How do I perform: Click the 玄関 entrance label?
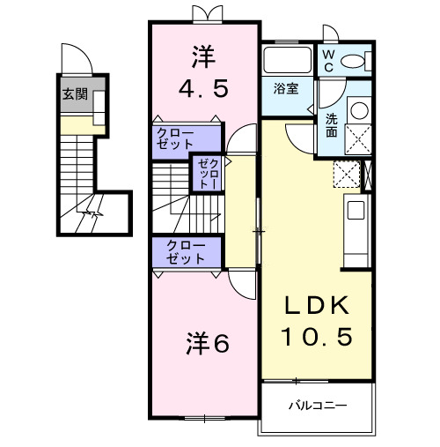(x=74, y=94)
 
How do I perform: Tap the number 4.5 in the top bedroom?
(x=202, y=89)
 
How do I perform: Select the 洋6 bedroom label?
(x=207, y=343)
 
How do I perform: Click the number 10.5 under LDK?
(x=318, y=336)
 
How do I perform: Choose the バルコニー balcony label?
(x=317, y=406)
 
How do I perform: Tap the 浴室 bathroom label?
(x=284, y=88)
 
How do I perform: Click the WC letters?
(x=327, y=60)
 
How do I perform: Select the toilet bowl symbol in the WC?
(x=354, y=61)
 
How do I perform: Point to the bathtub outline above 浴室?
(x=287, y=62)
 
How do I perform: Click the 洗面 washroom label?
(x=331, y=125)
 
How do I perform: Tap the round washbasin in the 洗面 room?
(x=360, y=112)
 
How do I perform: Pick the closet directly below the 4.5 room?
(x=186, y=139)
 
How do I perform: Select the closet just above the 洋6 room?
(x=186, y=252)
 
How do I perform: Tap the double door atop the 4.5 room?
(x=202, y=14)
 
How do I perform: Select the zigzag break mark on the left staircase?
(x=92, y=213)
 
